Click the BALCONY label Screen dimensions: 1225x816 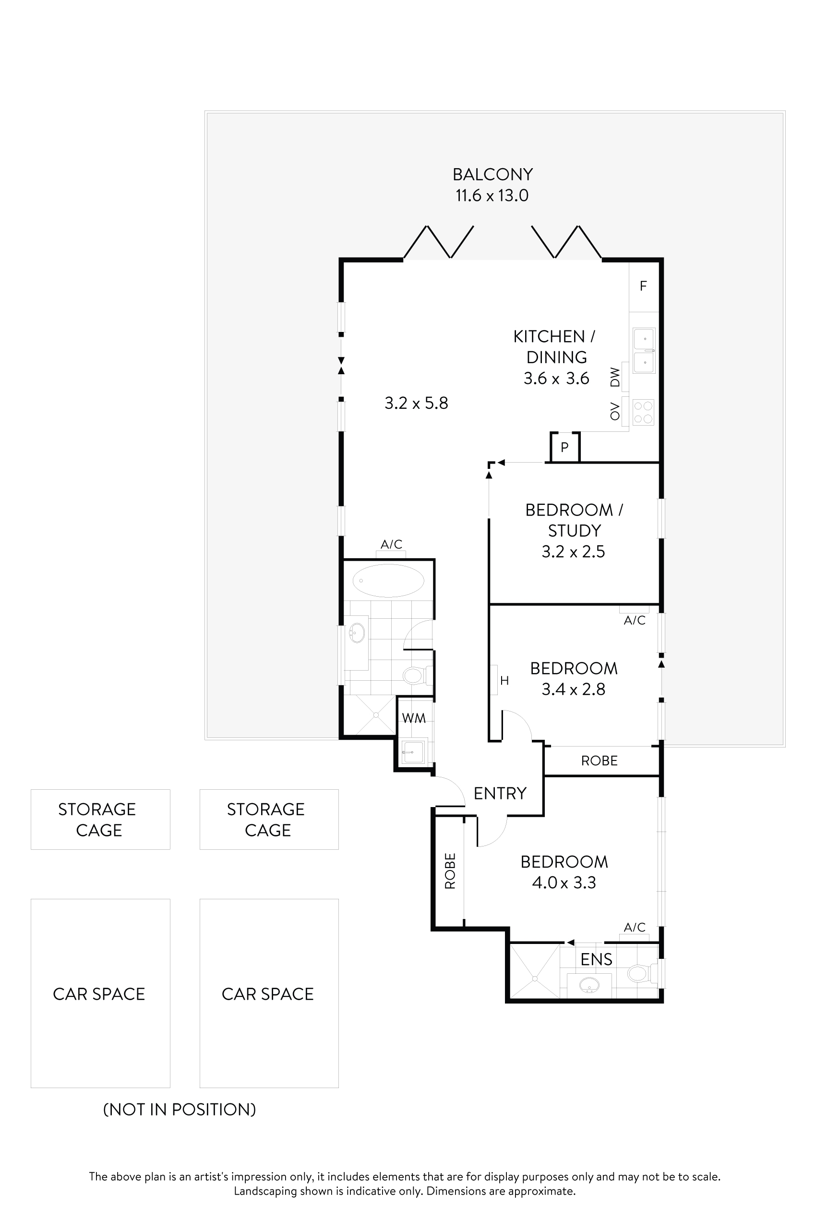[x=492, y=174]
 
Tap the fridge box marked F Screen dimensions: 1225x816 [x=643, y=286]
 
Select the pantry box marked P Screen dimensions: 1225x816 [x=564, y=447]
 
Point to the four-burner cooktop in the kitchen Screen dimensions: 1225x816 [x=643, y=412]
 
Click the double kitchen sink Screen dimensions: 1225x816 [x=644, y=351]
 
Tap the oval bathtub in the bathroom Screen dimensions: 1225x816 [x=388, y=580]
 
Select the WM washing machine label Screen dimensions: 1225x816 [x=414, y=719]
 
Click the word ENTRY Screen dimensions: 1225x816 [x=500, y=793]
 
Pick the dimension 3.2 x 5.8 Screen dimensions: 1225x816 [x=416, y=403]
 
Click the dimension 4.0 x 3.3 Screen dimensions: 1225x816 [x=564, y=882]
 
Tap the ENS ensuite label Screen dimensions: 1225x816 [x=596, y=959]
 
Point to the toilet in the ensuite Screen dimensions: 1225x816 [x=638, y=973]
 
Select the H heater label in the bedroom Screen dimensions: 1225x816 [x=504, y=680]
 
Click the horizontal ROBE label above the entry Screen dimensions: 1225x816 [x=599, y=761]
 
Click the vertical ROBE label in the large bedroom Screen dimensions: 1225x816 [x=450, y=871]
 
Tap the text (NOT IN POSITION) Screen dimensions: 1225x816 [x=180, y=1109]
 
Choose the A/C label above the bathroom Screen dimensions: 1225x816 [x=391, y=544]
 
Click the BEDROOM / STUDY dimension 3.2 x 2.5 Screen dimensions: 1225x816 [x=573, y=551]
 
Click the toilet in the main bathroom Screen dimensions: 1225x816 [x=415, y=675]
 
